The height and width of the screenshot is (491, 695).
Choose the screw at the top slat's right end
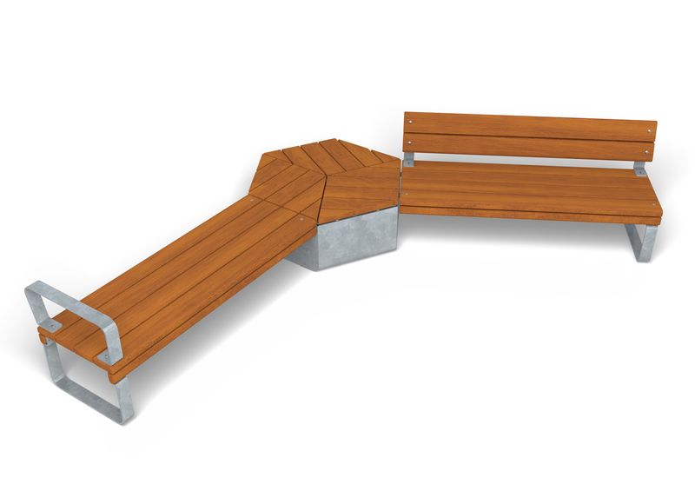point(647,132)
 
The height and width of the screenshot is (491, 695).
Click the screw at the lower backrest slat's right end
point(646,152)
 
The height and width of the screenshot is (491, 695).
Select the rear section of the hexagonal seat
point(326,156)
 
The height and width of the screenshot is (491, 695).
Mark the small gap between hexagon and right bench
point(400,187)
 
